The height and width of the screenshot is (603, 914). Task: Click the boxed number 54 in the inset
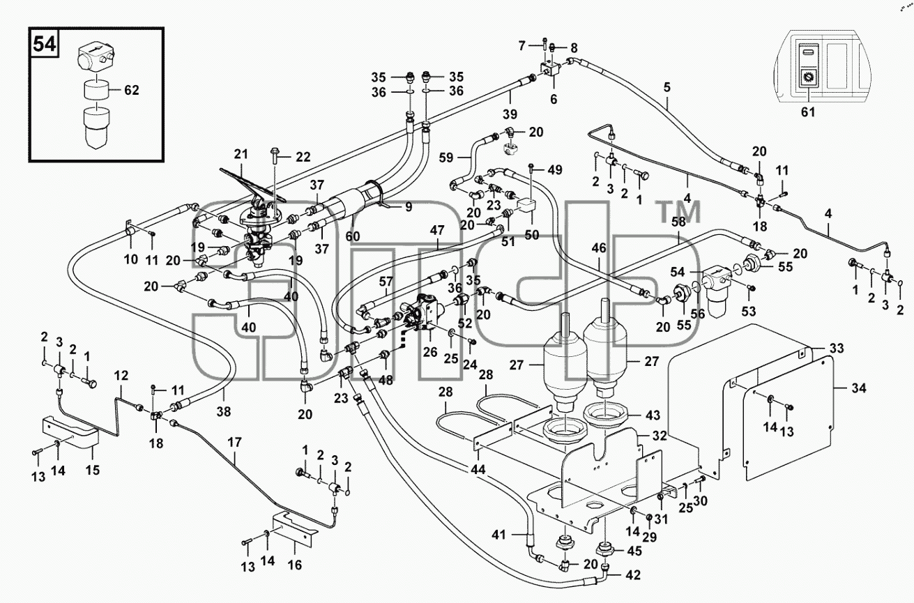[44, 44]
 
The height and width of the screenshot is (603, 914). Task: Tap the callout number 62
[131, 90]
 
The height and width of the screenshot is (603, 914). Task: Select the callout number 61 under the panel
[808, 112]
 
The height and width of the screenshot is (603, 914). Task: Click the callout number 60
[353, 236]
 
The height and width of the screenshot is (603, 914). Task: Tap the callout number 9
[409, 207]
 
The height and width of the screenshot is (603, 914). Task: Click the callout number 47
[437, 230]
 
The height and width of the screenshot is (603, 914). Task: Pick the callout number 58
[678, 221]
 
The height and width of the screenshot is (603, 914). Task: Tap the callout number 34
[858, 388]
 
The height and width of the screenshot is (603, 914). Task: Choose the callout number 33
[836, 349]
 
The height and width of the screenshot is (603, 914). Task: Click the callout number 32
[659, 435]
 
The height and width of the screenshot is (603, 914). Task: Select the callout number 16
[295, 565]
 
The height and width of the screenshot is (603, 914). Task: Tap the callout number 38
[224, 412]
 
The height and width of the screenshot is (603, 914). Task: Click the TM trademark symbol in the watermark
[680, 211]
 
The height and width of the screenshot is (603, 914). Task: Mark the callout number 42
[632, 575]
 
